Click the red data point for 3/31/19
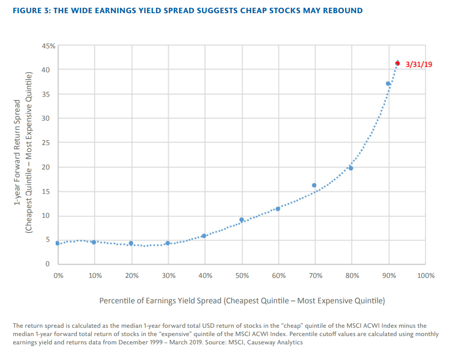tap(397, 63)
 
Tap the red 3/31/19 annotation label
tap(419, 64)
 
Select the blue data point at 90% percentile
tap(388, 84)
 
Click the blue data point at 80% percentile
tap(350, 168)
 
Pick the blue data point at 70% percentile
tap(314, 185)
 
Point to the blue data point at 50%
tap(241, 220)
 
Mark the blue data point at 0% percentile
tap(57, 243)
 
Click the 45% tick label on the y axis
tap(49, 47)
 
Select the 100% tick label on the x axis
tap(426, 275)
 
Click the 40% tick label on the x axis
tap(205, 275)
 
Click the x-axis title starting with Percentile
tap(242, 300)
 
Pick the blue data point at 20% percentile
tap(131, 243)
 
